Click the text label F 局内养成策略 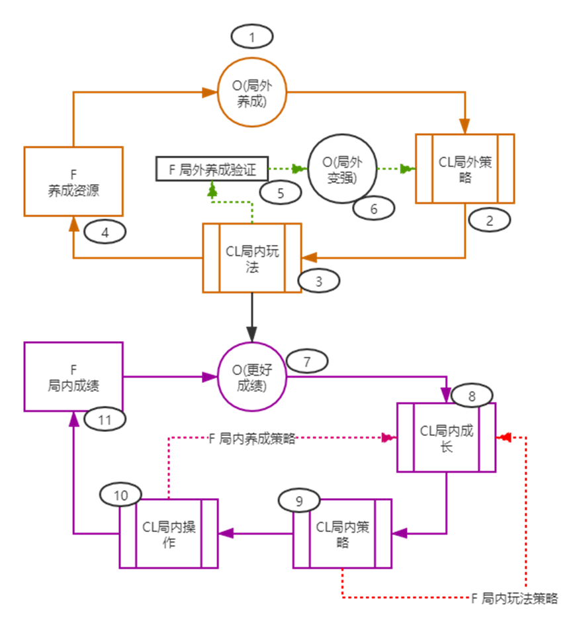click(252, 439)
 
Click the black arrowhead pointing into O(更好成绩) click(251, 334)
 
